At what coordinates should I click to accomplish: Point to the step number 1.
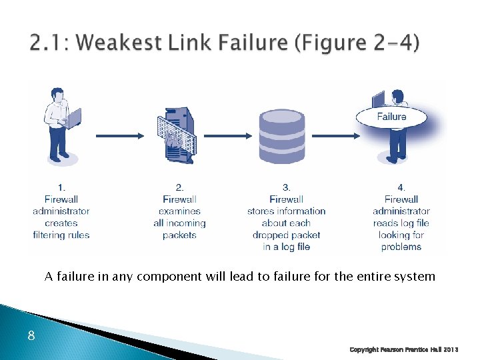click(61, 187)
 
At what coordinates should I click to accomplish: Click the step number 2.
click(179, 187)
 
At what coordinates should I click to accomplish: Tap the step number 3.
click(286, 187)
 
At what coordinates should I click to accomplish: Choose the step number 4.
click(401, 187)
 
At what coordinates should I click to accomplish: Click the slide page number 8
click(31, 336)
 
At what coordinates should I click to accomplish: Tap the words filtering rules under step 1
click(61, 235)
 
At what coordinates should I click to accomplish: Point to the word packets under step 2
click(179, 235)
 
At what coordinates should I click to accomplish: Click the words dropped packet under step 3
click(286, 235)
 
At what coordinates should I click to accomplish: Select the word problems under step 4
click(401, 247)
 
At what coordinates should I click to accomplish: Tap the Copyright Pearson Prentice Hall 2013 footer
click(404, 349)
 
